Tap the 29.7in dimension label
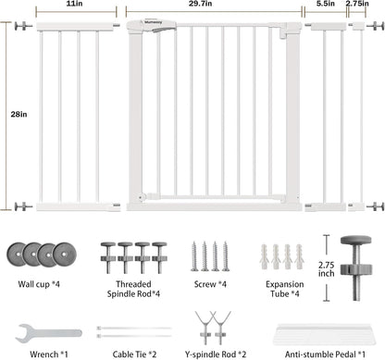click(200, 4)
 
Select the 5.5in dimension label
click(326, 4)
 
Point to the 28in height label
click(19, 114)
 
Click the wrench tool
click(48, 333)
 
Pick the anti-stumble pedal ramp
click(325, 334)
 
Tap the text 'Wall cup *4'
click(39, 284)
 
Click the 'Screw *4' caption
click(210, 284)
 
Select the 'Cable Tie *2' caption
click(134, 354)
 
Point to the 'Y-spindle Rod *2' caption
click(216, 354)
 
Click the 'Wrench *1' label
click(49, 354)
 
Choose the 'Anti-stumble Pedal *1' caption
click(325, 354)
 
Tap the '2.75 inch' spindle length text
click(327, 269)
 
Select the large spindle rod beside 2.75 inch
click(356, 267)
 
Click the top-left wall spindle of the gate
click(23, 26)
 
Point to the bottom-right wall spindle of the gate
click(375, 206)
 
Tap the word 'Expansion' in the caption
click(285, 284)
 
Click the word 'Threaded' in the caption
click(133, 284)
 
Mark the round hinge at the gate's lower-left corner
click(142, 197)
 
